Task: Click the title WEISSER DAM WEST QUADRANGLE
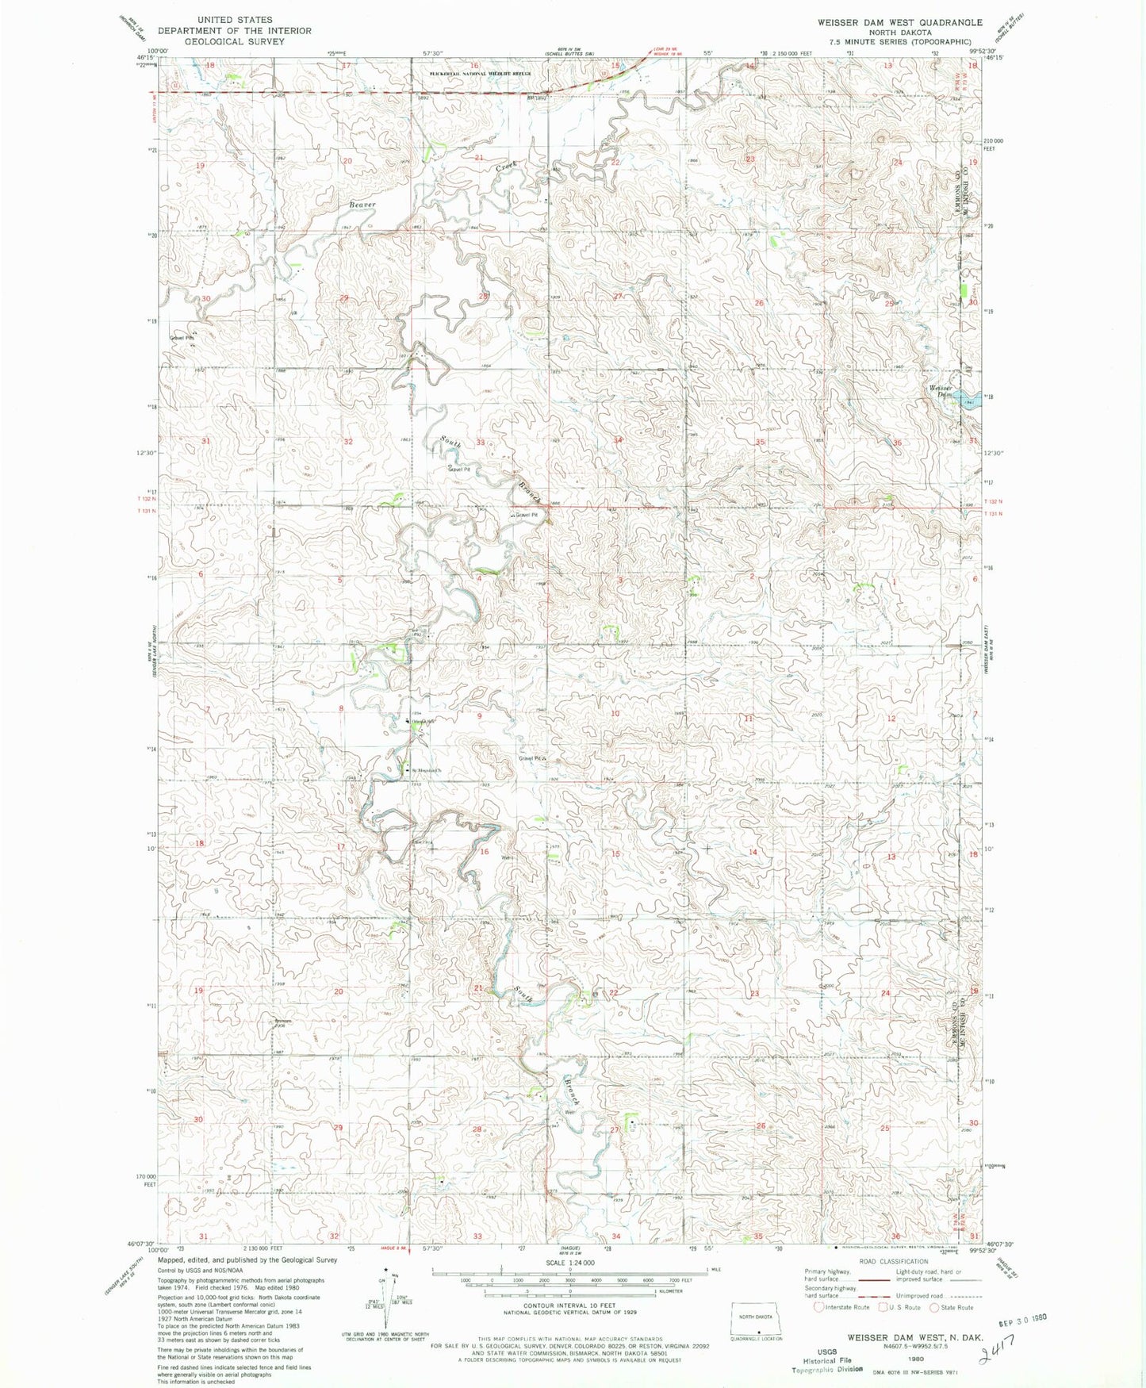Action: pyautogui.click(x=900, y=22)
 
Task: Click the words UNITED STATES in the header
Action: pyautogui.click(x=234, y=19)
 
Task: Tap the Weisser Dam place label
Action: pyautogui.click(x=941, y=390)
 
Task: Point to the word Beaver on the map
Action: pyautogui.click(x=362, y=205)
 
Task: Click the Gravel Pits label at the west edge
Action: pyautogui.click(x=182, y=337)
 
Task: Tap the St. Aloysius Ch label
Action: pyautogui.click(x=424, y=769)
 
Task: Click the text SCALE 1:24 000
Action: pyautogui.click(x=569, y=1262)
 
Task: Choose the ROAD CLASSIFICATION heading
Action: pyautogui.click(x=892, y=1261)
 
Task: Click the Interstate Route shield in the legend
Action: pyautogui.click(x=819, y=1307)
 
